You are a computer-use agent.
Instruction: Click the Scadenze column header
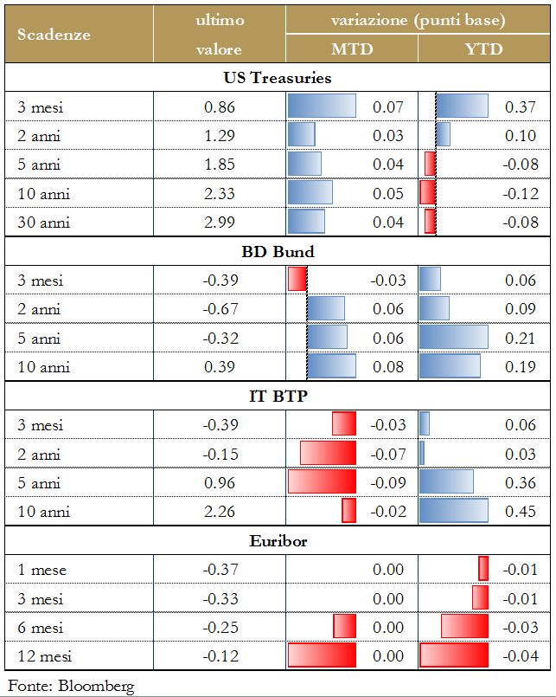tap(54, 35)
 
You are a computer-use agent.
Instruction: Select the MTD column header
tap(352, 49)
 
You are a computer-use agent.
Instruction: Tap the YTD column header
tap(484, 49)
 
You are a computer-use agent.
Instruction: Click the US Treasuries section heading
tap(277, 78)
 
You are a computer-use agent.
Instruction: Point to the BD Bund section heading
tap(277, 252)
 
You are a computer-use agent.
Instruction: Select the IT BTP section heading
tap(277, 397)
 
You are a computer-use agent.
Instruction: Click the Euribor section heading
tap(277, 541)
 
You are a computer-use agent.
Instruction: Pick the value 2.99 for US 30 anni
tap(220, 223)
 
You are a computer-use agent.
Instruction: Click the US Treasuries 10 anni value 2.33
tap(220, 193)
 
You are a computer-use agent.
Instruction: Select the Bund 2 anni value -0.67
tap(220, 309)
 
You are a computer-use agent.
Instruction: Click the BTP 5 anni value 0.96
tap(220, 482)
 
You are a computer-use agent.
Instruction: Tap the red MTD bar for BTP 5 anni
tap(322, 481)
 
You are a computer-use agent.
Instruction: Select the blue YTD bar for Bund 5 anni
tap(454, 337)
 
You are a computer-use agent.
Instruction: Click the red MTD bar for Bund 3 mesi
tap(297, 280)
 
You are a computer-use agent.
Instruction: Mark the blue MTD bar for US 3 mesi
tap(322, 106)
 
